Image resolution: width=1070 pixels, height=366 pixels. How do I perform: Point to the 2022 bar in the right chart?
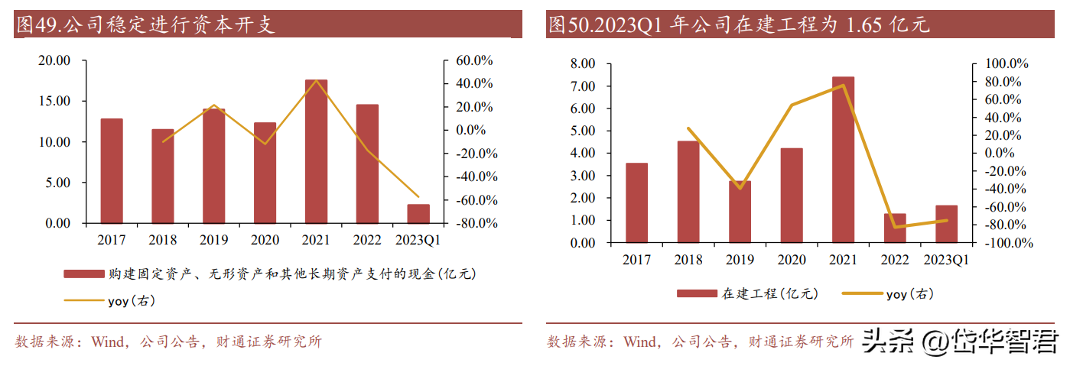tap(894, 228)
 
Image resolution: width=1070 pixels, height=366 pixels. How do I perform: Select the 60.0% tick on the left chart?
tap(475, 60)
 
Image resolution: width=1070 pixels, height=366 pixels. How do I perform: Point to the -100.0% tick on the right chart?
tap(1008, 243)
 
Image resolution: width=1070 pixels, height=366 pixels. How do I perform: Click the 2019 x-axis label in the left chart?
tap(213, 240)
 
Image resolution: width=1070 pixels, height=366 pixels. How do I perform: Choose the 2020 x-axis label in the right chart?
tap(792, 260)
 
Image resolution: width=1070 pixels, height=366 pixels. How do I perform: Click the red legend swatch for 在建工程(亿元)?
tap(696, 293)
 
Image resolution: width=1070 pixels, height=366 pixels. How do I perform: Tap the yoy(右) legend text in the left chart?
tap(132, 301)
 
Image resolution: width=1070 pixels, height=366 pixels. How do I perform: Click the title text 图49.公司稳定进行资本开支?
tap(145, 25)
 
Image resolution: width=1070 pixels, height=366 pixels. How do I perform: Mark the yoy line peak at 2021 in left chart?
tap(316, 81)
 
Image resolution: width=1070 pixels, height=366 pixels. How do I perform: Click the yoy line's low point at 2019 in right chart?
tap(740, 188)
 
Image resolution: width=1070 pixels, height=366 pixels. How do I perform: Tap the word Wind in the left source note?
tap(106, 342)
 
